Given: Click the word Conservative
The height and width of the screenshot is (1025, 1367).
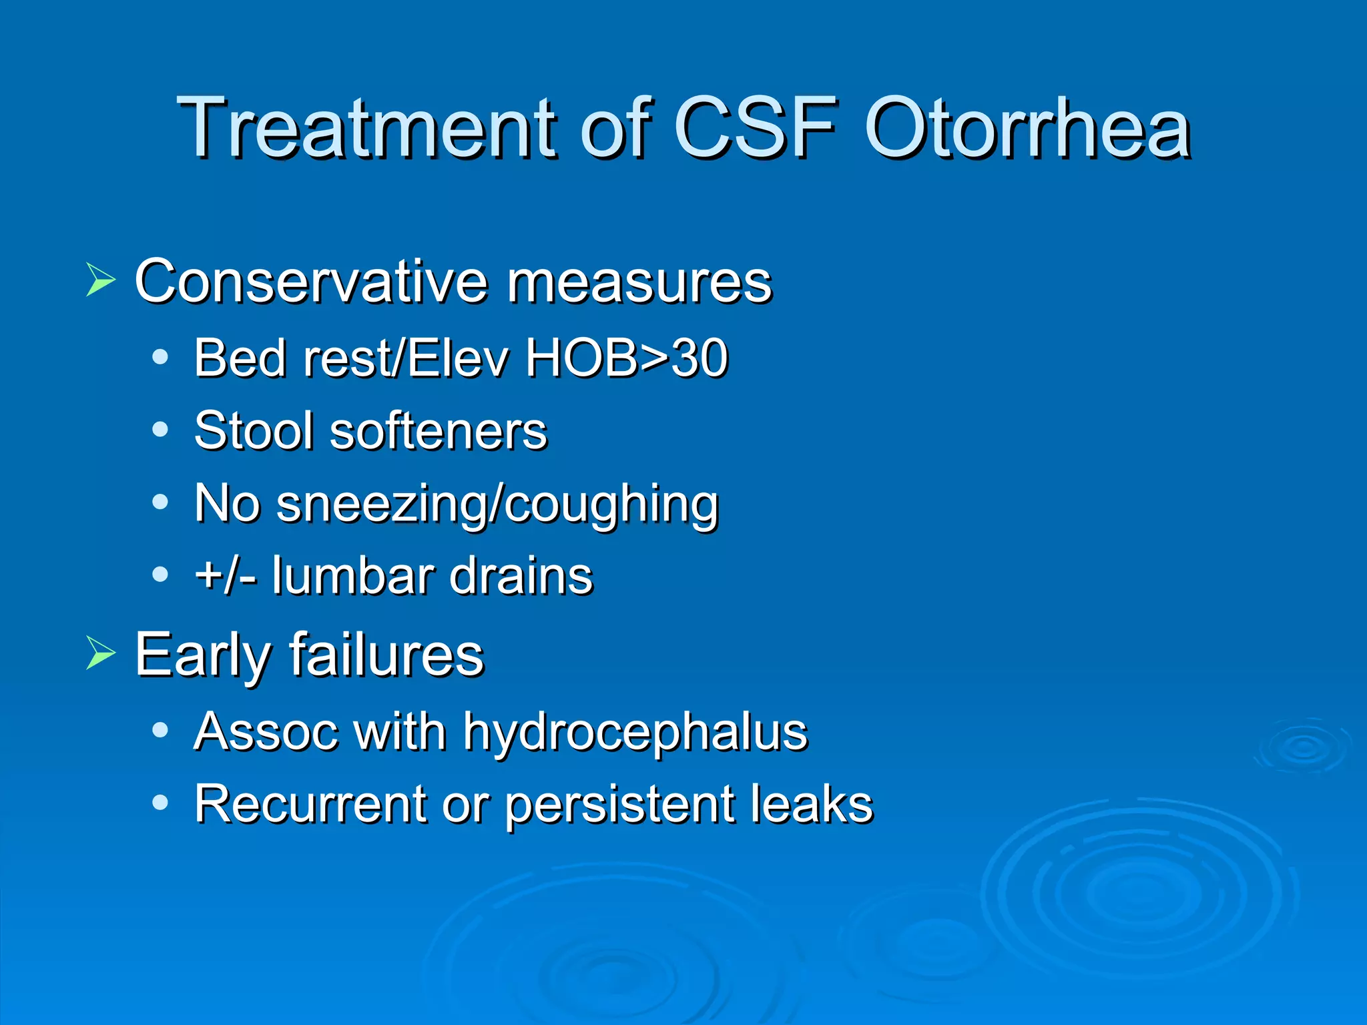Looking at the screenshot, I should pyautogui.click(x=310, y=281).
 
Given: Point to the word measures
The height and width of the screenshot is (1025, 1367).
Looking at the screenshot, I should pyautogui.click(x=639, y=282).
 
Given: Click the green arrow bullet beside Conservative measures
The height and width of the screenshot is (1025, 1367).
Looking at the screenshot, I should pyautogui.click(x=101, y=280).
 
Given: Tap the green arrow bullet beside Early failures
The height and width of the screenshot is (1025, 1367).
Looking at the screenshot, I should pyautogui.click(x=101, y=653).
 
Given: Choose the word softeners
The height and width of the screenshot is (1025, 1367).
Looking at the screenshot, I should pyautogui.click(x=439, y=430).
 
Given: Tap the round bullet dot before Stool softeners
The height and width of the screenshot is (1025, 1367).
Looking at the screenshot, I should pyautogui.click(x=160, y=429).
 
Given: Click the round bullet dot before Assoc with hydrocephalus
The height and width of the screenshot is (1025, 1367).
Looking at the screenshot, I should pyautogui.click(x=160, y=730).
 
